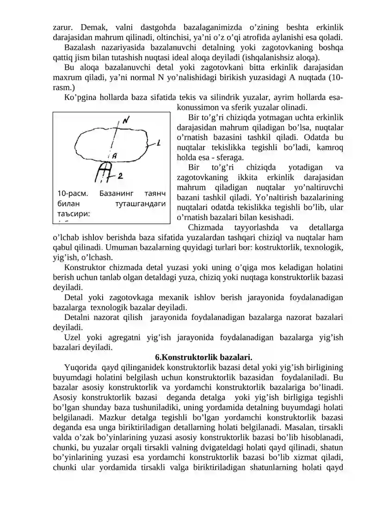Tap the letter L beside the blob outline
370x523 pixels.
point(159,144)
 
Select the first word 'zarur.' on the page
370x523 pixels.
point(62,27)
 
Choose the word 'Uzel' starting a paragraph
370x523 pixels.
point(72,337)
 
